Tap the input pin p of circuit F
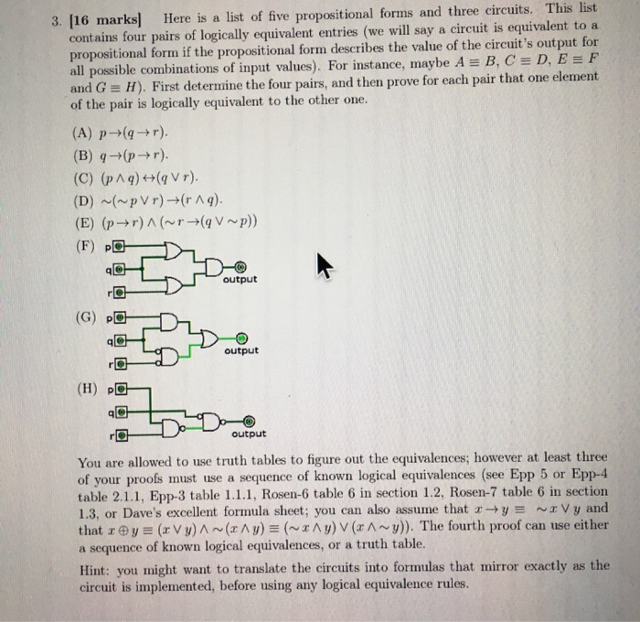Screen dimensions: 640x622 tap(118, 247)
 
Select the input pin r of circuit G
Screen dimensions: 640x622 tap(119, 363)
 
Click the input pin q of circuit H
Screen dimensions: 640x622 tap(119, 413)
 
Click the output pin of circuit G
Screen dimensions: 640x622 tap(240, 337)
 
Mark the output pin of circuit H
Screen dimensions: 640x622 tap(248, 423)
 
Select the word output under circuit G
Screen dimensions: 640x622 tap(240, 350)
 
